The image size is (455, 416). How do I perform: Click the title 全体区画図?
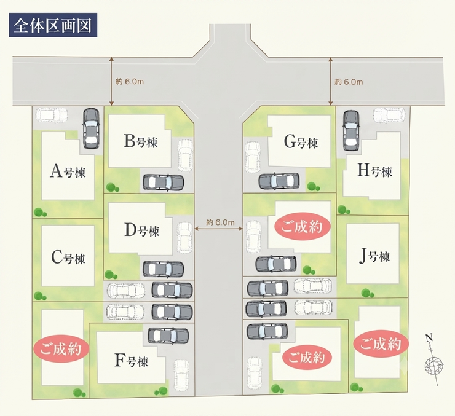(53, 25)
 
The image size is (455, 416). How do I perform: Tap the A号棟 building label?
(68, 171)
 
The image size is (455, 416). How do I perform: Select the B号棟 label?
(140, 142)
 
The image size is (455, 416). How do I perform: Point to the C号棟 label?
(68, 257)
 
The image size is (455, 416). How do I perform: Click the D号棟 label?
(142, 231)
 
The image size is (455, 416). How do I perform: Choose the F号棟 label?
(131, 361)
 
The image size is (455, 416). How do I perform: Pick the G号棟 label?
(301, 143)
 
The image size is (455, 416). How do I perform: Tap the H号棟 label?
(374, 170)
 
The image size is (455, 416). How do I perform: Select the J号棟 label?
(374, 257)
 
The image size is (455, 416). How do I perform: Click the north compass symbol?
(433, 360)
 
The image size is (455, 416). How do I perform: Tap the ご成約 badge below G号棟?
(302, 226)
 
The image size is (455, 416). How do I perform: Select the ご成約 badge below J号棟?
(381, 344)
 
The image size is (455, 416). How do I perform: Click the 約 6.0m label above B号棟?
(129, 82)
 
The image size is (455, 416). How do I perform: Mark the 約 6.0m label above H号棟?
(349, 82)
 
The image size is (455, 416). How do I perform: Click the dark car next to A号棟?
(91, 128)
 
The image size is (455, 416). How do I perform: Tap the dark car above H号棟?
(351, 130)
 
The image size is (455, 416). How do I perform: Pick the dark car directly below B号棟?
(164, 182)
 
